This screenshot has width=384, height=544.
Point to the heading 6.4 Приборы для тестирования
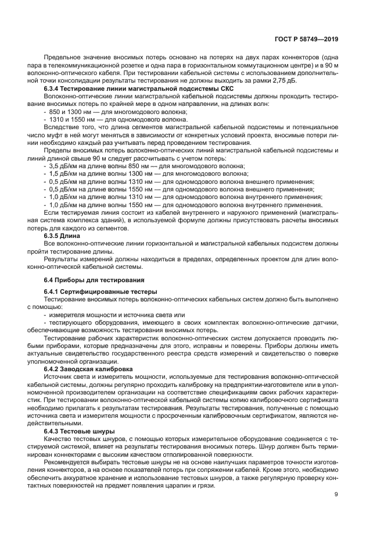click(x=89, y=280)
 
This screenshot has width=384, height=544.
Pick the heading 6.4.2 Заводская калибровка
click(x=88, y=369)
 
